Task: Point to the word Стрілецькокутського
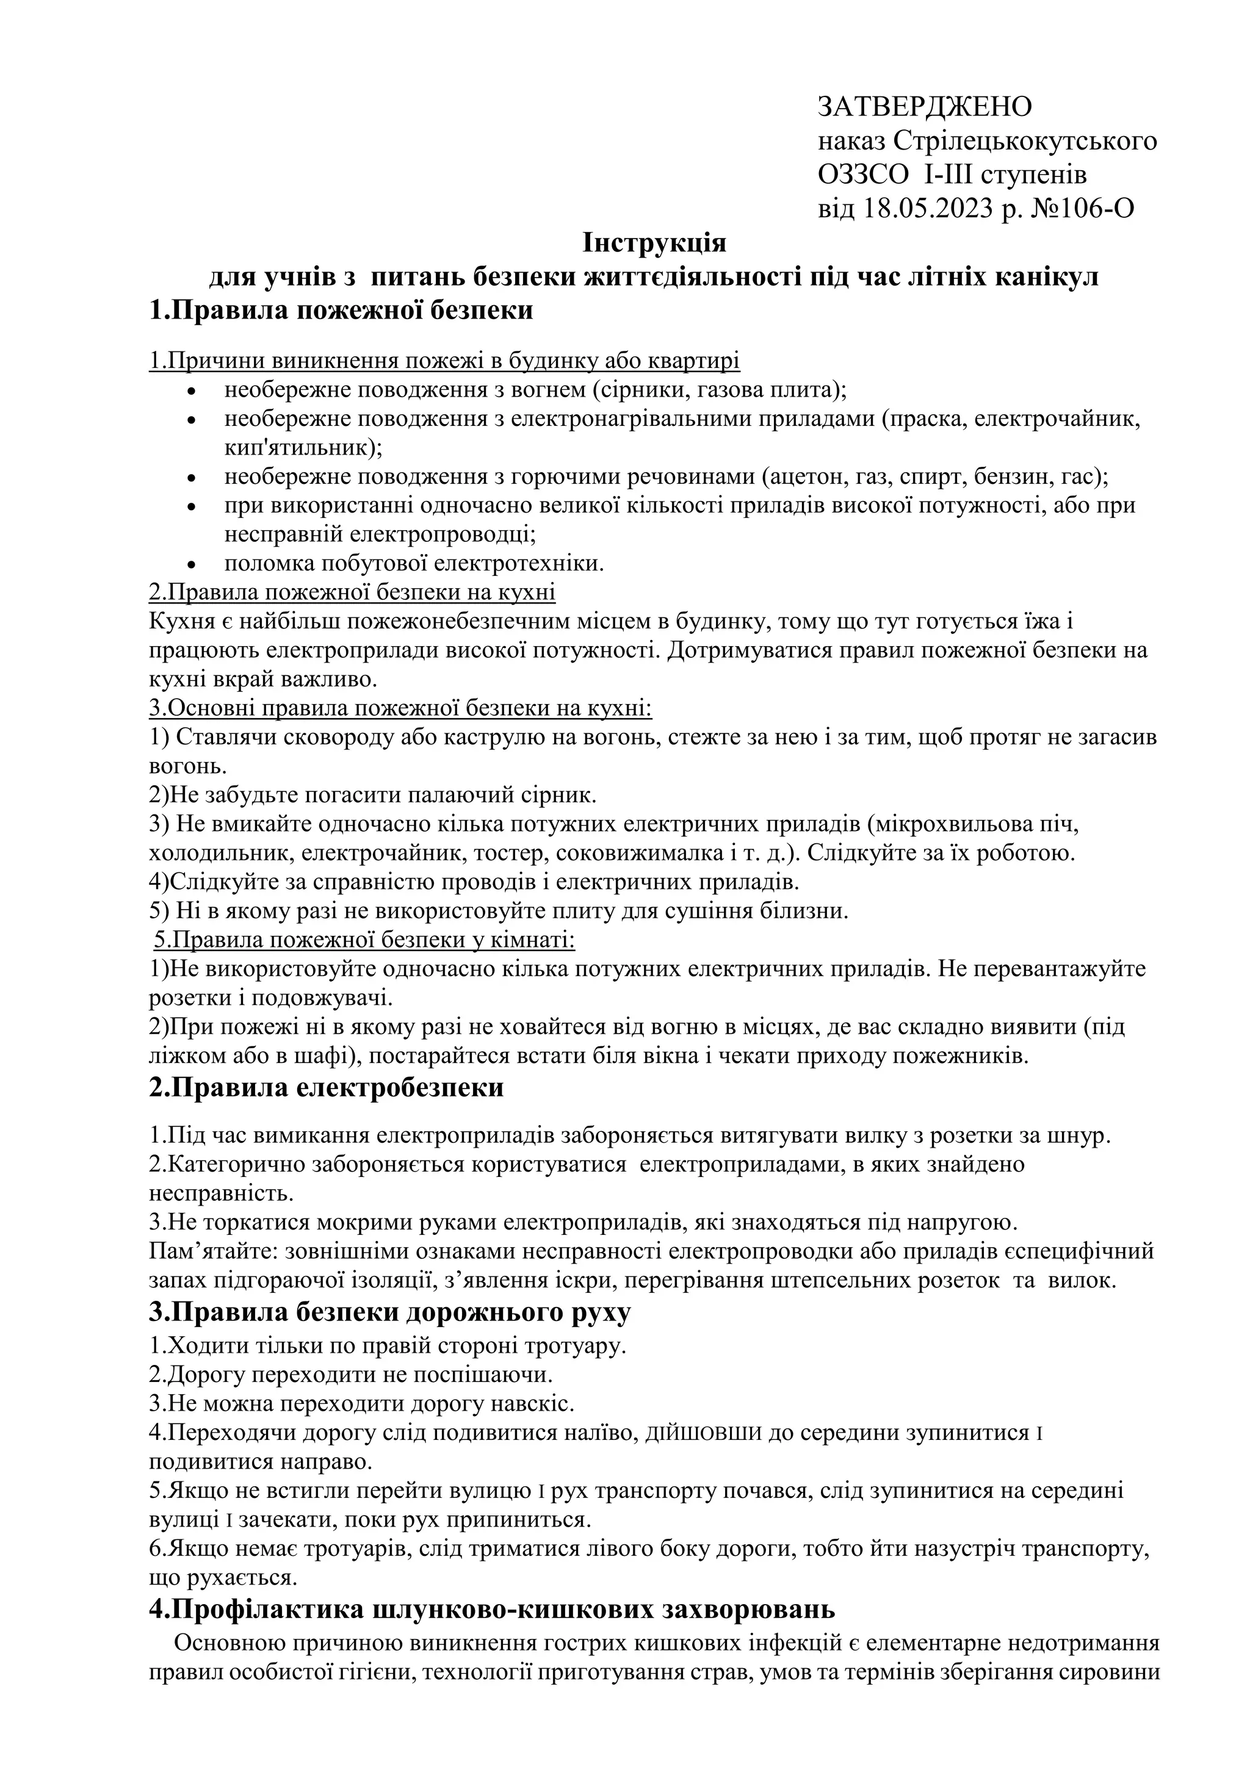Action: pyautogui.click(x=1027, y=141)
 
